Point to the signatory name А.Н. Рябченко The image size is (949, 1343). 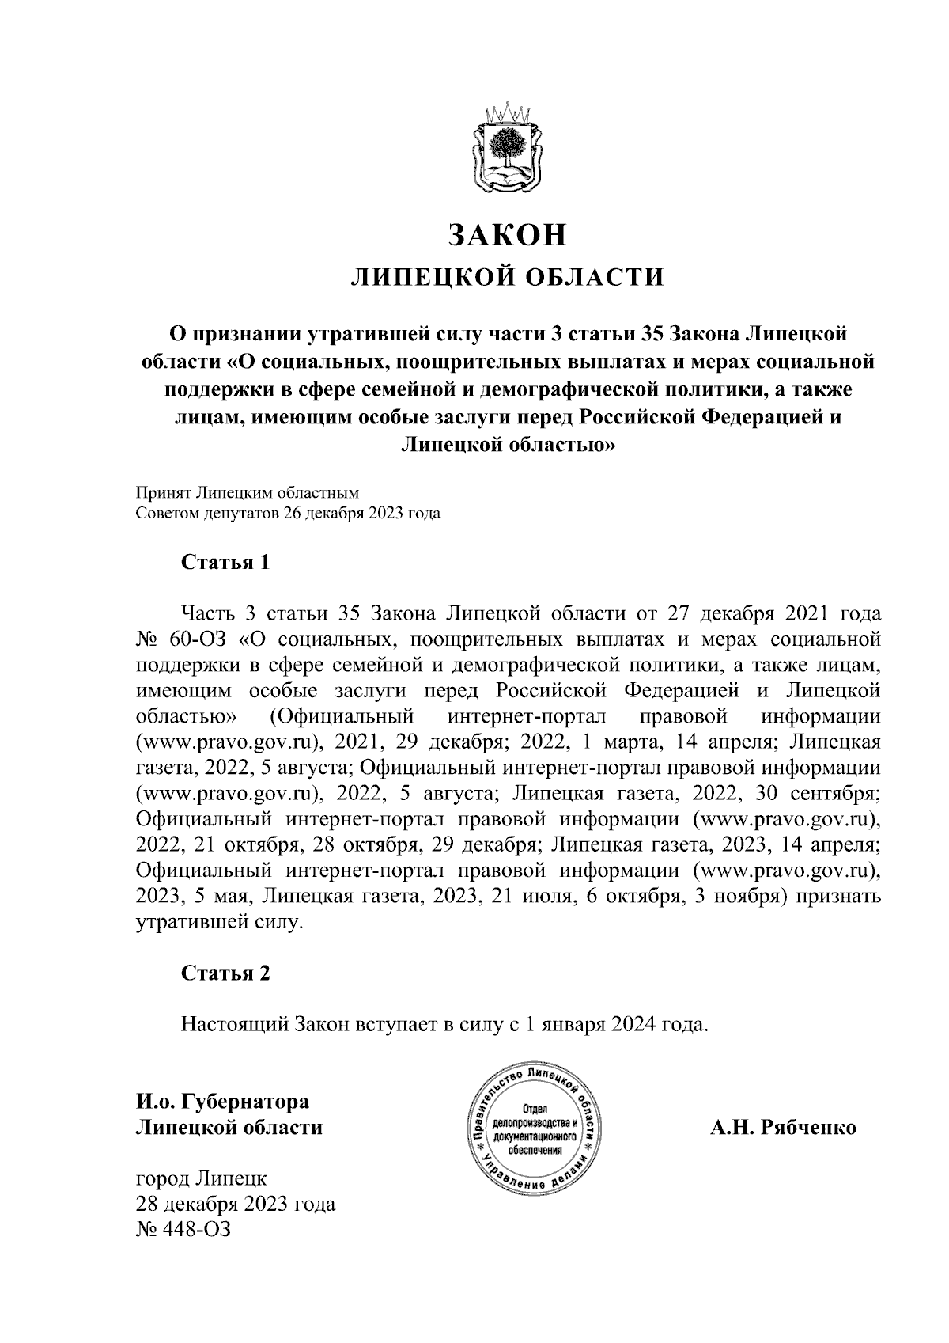click(x=782, y=1127)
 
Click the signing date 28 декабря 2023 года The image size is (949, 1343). click(x=235, y=1205)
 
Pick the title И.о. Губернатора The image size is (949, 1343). click(x=222, y=1101)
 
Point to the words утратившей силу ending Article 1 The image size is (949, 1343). click(x=219, y=923)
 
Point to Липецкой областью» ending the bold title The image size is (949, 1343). click(x=507, y=444)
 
